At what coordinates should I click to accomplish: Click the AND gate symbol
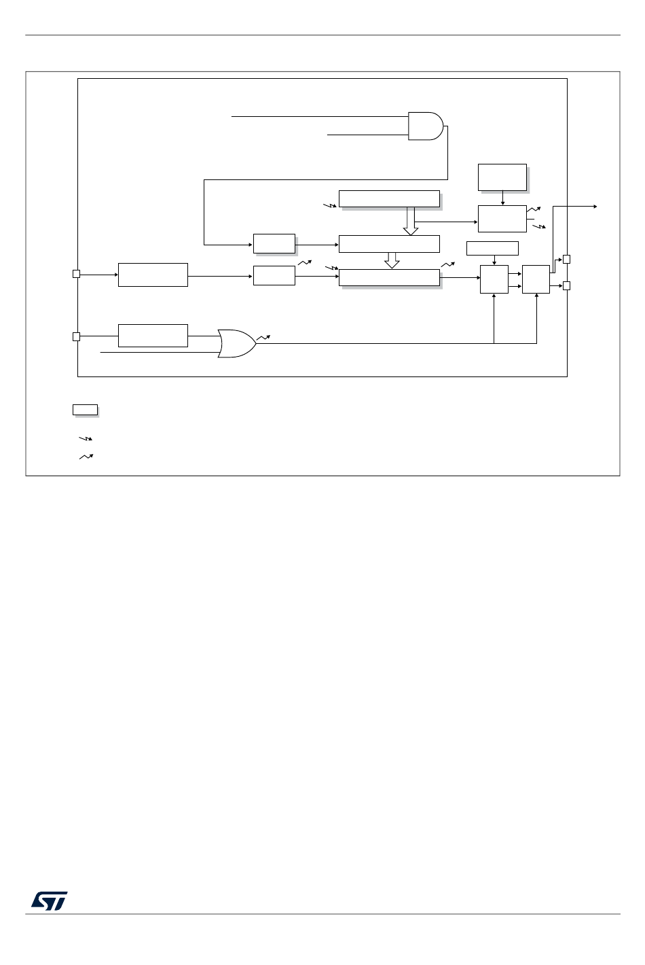(425, 126)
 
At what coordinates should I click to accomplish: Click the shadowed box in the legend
(85, 409)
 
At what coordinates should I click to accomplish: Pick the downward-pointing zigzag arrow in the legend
(86, 439)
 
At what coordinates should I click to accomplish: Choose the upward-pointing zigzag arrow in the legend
(86, 457)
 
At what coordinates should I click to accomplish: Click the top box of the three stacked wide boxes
(389, 198)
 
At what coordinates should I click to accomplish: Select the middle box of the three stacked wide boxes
(389, 243)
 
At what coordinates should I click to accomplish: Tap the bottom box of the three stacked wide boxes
(389, 277)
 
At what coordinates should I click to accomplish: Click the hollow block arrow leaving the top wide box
(411, 222)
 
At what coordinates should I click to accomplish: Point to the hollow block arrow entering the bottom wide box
(392, 260)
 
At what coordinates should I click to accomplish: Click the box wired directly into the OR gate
(153, 336)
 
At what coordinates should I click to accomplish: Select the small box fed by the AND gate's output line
(274, 243)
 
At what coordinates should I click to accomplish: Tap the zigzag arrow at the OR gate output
(263, 337)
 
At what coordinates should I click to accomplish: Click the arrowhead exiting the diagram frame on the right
(594, 206)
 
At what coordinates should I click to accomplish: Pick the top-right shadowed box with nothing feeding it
(502, 177)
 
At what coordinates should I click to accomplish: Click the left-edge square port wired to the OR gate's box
(77, 336)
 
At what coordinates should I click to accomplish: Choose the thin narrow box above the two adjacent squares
(492, 248)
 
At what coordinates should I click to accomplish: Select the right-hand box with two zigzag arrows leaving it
(502, 218)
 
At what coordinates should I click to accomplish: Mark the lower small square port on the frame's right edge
(567, 285)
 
